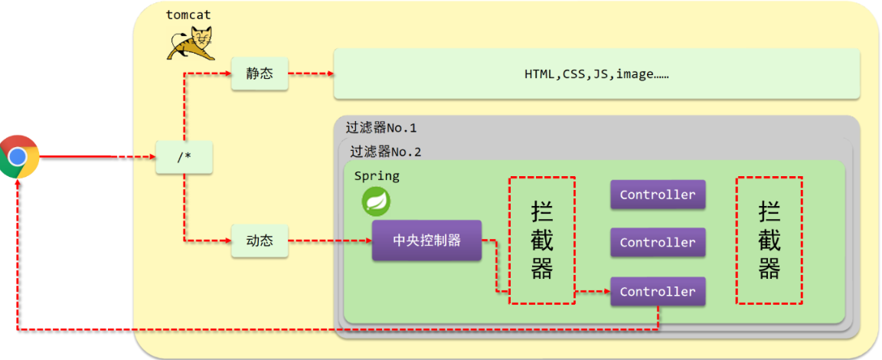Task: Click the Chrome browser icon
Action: coord(19,157)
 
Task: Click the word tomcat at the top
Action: coord(188,15)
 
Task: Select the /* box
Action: coord(184,157)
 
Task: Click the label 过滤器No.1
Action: coord(381,128)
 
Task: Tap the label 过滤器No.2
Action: coord(385,152)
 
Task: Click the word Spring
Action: coord(377,175)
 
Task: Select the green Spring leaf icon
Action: coord(376,201)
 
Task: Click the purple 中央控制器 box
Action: coord(426,241)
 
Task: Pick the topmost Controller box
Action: coord(657,195)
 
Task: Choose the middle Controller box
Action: coord(657,242)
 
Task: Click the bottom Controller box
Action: coord(657,292)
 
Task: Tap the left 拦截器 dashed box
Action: coord(542,240)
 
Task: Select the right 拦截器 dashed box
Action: coord(769,240)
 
